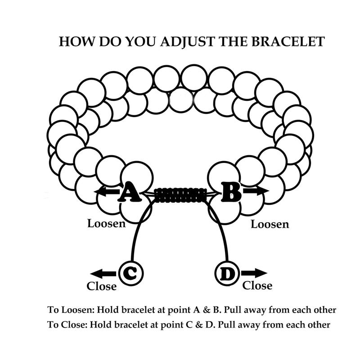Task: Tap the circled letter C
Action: pos(131,273)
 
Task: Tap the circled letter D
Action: pos(227,273)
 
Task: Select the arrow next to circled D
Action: pos(254,273)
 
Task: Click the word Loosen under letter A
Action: pos(106,223)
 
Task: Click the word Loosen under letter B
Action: pos(270,224)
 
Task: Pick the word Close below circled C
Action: pos(102,286)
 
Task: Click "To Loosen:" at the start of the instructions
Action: pos(70,310)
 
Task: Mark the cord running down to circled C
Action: pos(135,238)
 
